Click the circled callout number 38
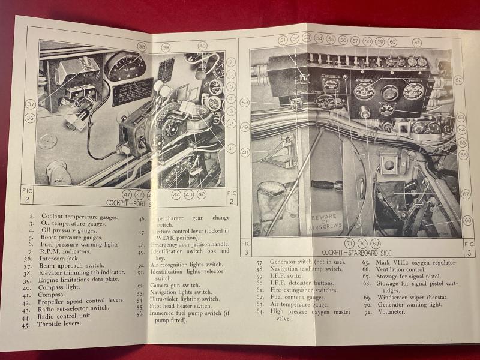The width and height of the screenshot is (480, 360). (142, 46)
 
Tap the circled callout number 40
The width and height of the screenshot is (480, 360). (202, 46)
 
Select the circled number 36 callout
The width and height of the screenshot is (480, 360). (29, 118)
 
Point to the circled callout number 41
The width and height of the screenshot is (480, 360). (232, 148)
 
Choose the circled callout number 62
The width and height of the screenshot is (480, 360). (458, 79)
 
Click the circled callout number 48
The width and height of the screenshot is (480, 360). (245, 152)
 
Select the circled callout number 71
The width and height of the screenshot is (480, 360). (349, 244)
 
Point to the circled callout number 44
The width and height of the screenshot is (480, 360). (177, 194)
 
